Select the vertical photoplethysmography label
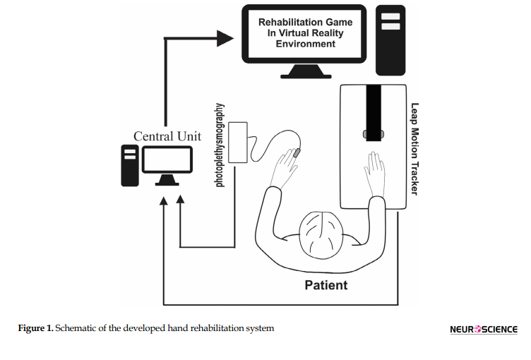pos(220,145)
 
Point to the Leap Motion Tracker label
pos(414,149)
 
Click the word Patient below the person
pos(326,285)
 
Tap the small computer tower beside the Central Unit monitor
pos(129,165)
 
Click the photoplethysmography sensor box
pos(238,142)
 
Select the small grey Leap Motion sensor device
pos(373,133)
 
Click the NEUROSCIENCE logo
pos(483,329)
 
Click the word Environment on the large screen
pos(306,44)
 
